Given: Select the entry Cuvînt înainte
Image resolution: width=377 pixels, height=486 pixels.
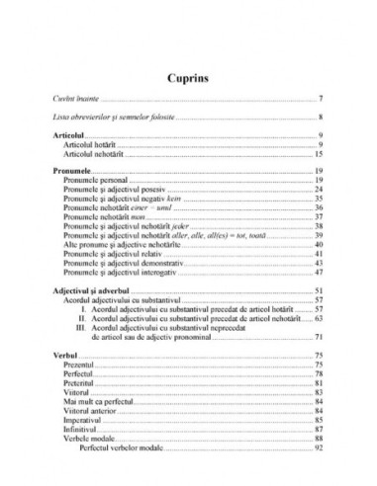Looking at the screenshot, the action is point(74,100).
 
